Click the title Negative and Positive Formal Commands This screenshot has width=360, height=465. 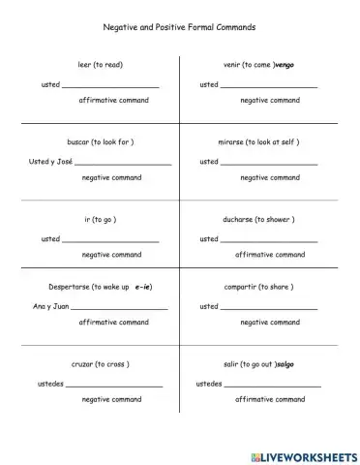(x=179, y=29)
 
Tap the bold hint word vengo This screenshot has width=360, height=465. (x=285, y=65)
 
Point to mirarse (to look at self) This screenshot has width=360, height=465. (x=258, y=141)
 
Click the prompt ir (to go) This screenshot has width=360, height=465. (x=101, y=219)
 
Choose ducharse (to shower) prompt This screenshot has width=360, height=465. (x=258, y=219)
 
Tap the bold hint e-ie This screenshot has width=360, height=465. (x=144, y=287)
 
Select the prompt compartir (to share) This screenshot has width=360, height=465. (x=258, y=287)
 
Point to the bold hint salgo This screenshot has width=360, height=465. (x=285, y=364)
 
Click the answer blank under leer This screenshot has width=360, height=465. (x=110, y=86)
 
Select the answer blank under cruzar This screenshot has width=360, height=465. (x=114, y=386)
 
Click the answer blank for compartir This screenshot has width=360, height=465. (x=269, y=308)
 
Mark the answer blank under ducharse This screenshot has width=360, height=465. (x=269, y=240)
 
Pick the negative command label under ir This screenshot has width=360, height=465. (x=111, y=254)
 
